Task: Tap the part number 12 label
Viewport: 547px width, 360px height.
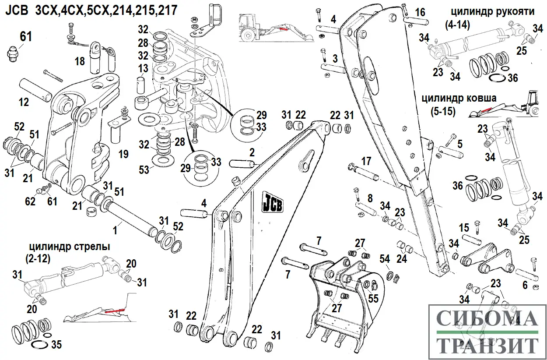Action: pos(24,102)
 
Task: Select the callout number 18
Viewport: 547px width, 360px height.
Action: pos(80,61)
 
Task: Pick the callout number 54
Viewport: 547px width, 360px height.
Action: pos(385,259)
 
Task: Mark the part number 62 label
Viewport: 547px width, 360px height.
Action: pos(30,202)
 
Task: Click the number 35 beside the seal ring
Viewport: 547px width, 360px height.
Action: pos(56,344)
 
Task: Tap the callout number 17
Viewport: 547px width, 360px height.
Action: pos(365,160)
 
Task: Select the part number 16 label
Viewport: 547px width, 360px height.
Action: pos(420,12)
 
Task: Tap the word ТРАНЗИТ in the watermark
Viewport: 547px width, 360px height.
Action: pos(487,346)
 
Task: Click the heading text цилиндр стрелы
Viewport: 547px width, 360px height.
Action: pos(70,247)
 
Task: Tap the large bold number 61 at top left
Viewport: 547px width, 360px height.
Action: pos(26,36)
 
